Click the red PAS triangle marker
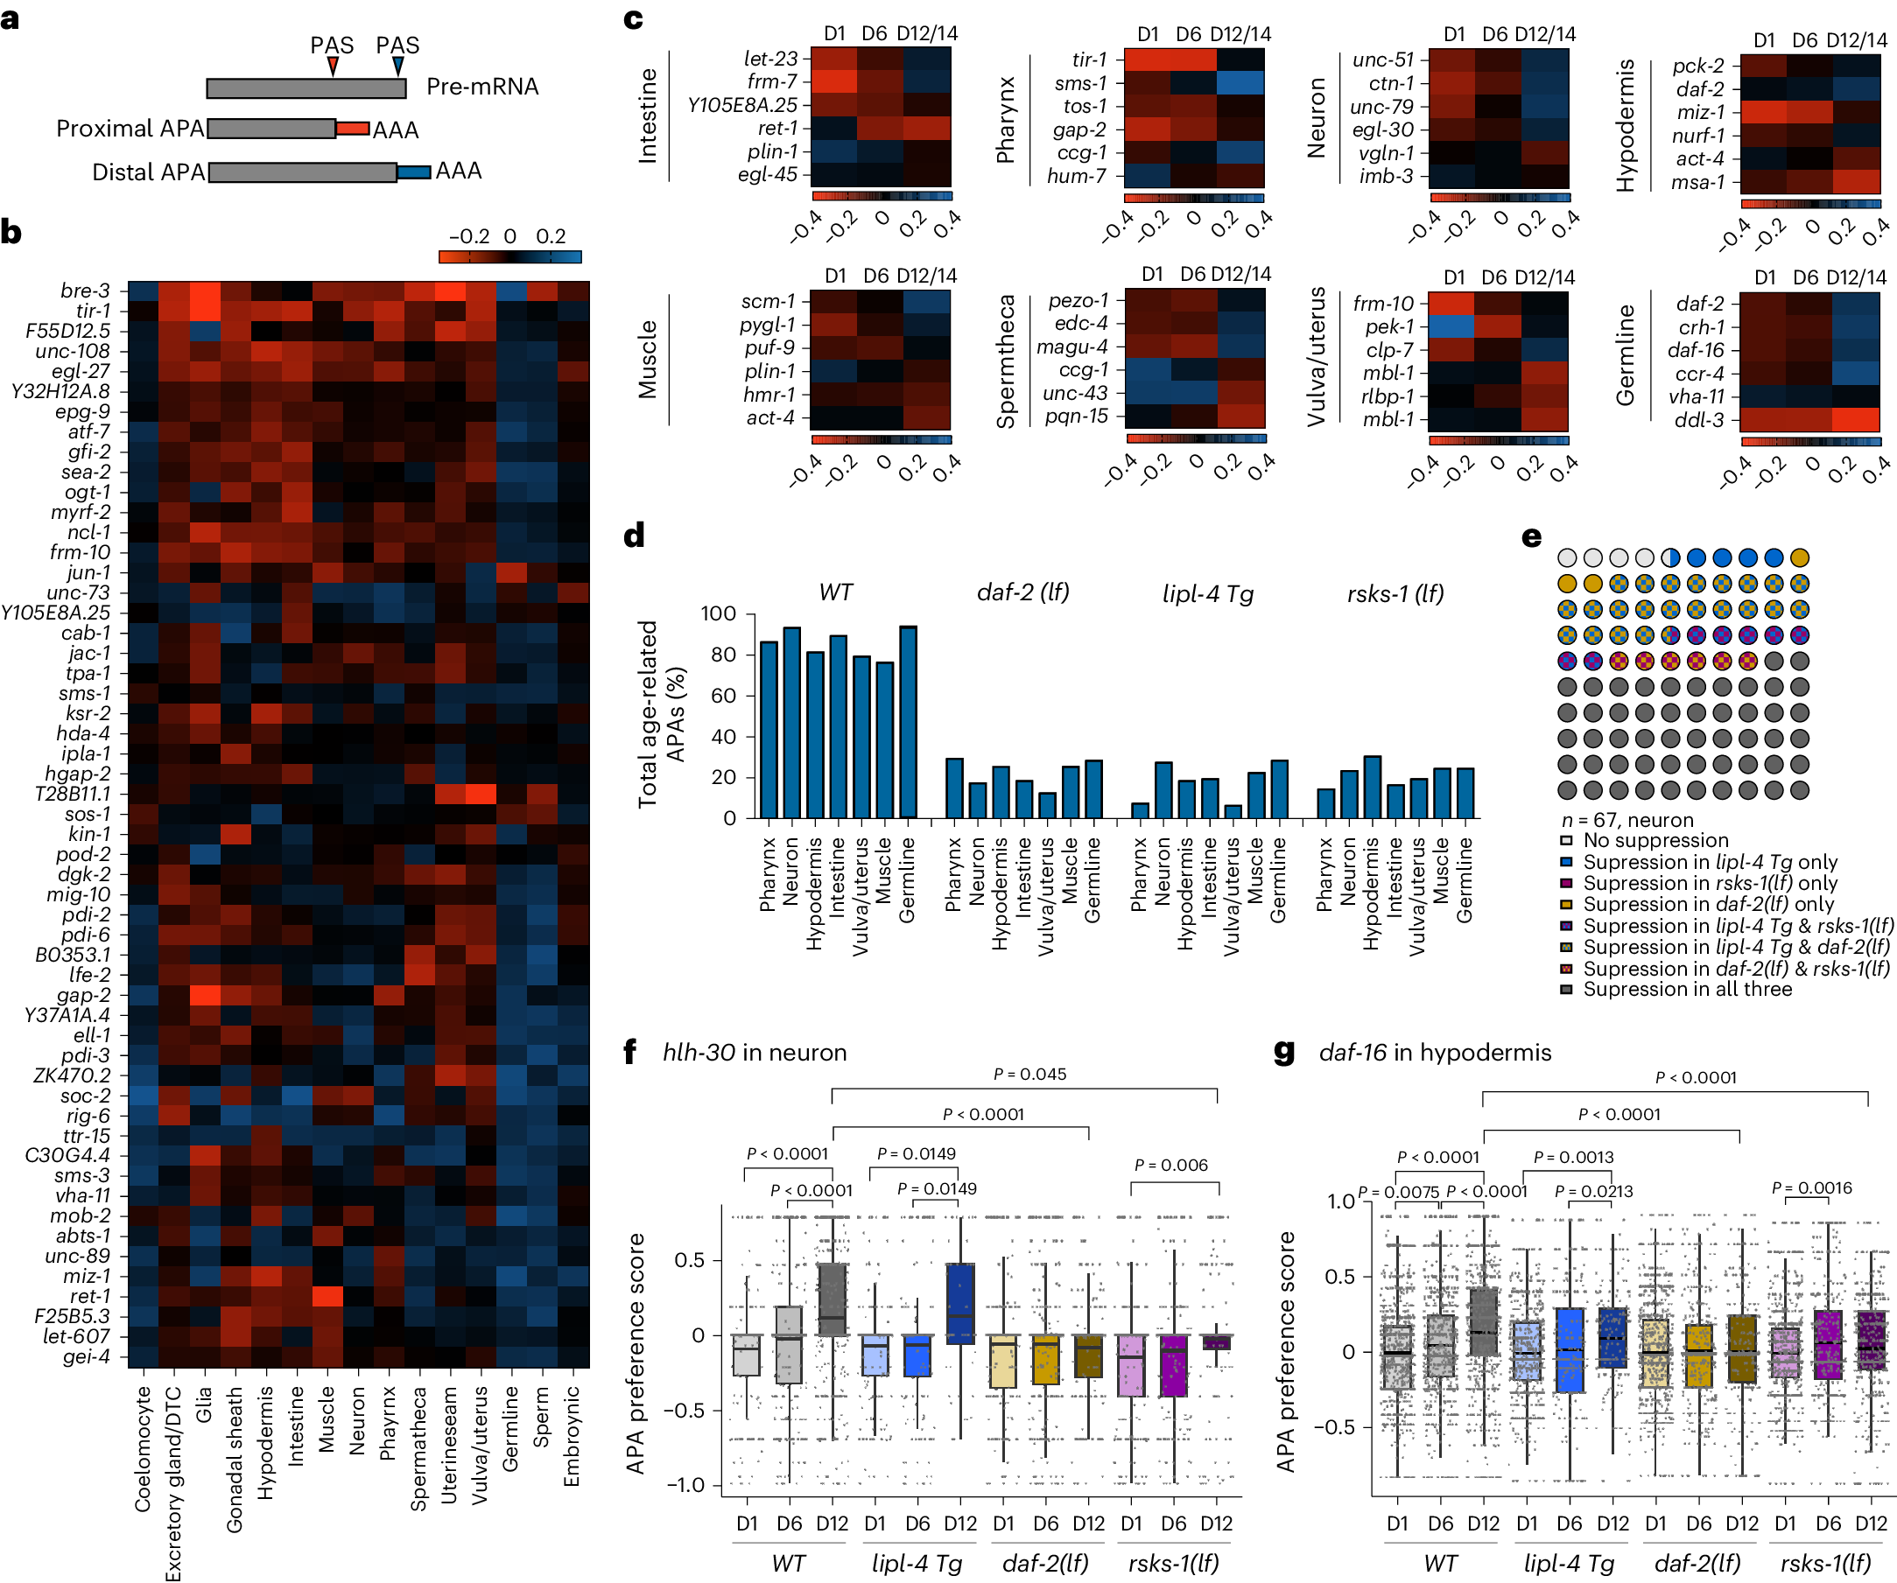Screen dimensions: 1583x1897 [x=333, y=66]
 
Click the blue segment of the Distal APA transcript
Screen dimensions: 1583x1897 [x=414, y=172]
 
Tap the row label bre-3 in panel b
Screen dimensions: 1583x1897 [x=85, y=291]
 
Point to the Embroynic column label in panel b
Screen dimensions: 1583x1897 [x=572, y=1437]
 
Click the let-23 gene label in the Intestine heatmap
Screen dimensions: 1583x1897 [x=770, y=59]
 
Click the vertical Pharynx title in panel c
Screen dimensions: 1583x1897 [x=1006, y=119]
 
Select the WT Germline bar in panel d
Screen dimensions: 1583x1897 [x=908, y=723]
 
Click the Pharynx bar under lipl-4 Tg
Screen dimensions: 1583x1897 [x=1140, y=810]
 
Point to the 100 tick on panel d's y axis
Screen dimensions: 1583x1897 [x=718, y=614]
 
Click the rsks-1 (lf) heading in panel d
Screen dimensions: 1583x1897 [x=1395, y=593]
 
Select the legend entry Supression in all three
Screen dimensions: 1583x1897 [x=1687, y=990]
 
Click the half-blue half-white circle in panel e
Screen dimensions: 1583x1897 [x=1670, y=558]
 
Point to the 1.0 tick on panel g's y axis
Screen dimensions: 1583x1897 [x=1340, y=1201]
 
